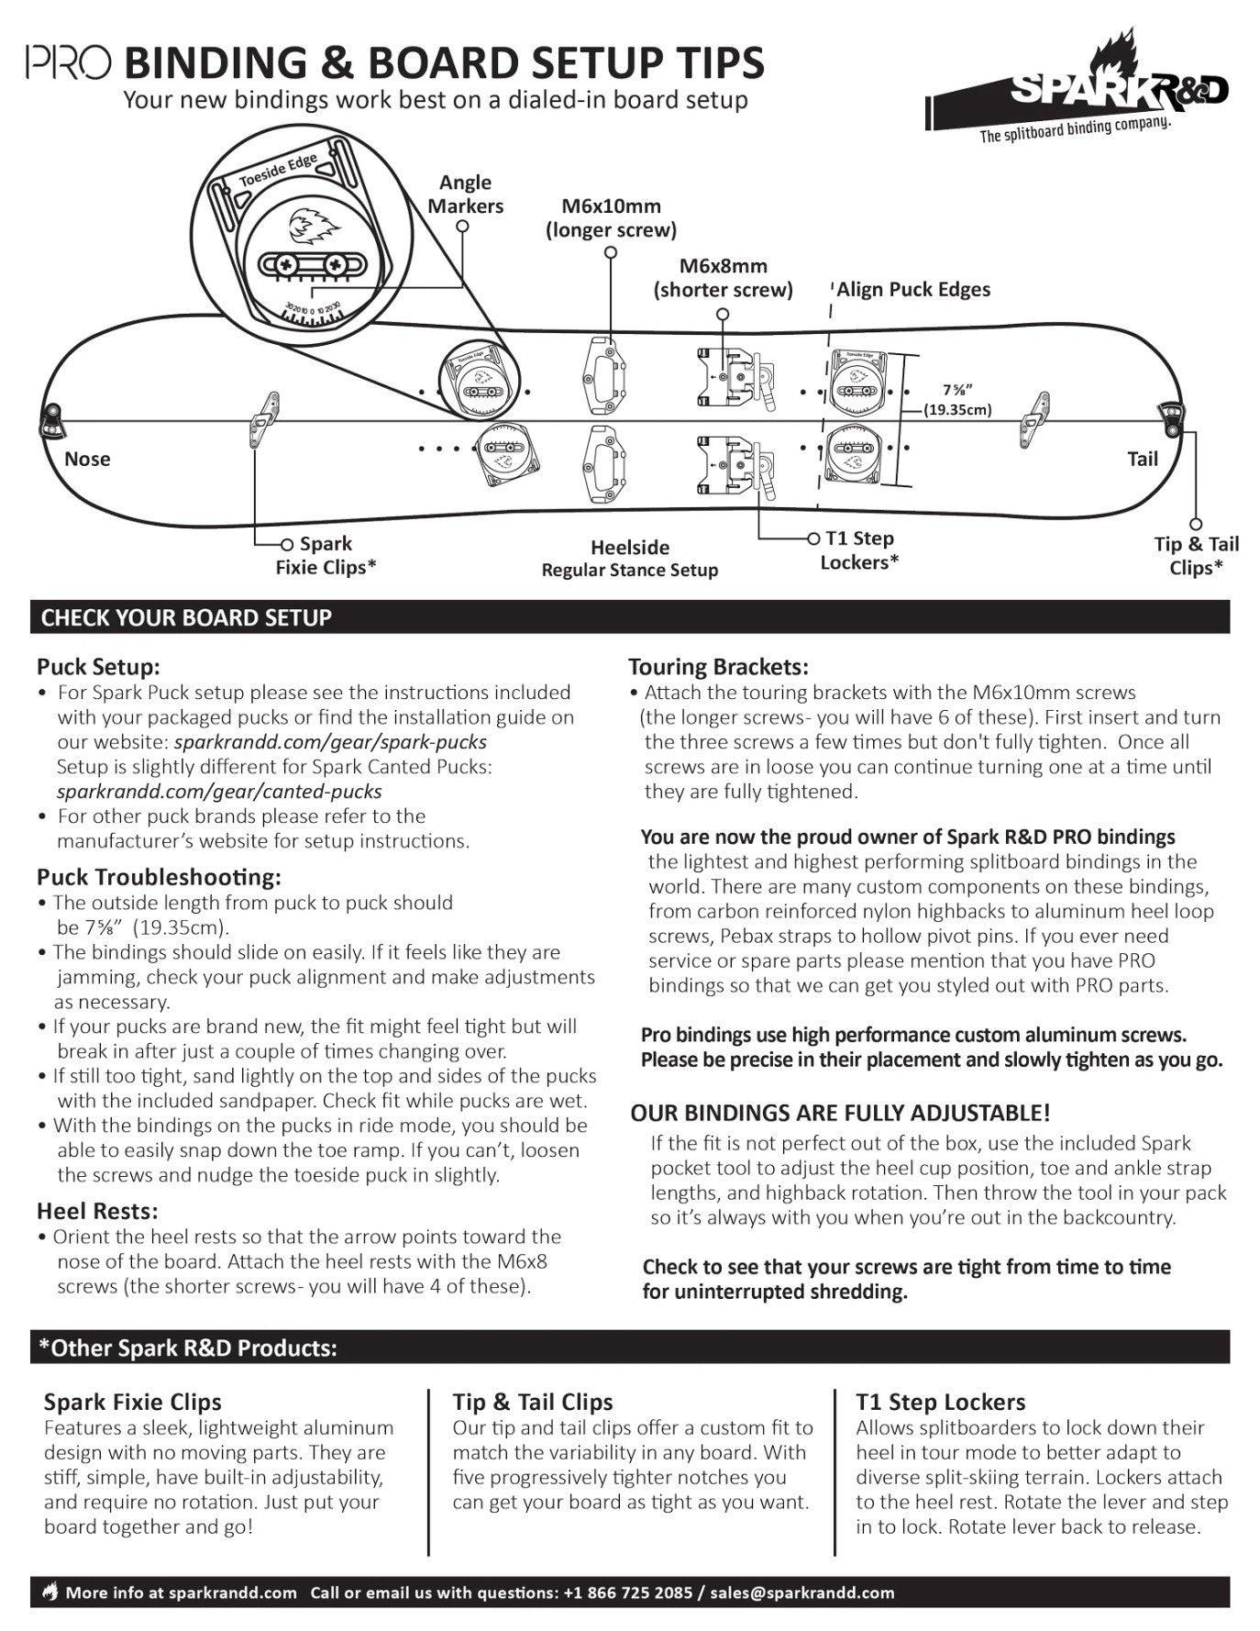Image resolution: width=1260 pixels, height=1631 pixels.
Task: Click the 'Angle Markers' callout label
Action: click(x=466, y=194)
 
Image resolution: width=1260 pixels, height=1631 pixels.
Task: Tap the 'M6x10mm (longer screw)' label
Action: click(x=611, y=218)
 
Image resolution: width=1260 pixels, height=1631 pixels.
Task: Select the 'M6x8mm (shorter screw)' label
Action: click(x=723, y=278)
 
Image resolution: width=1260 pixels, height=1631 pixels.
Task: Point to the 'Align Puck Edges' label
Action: click(x=913, y=290)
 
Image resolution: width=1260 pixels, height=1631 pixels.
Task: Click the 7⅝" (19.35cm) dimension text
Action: click(x=956, y=400)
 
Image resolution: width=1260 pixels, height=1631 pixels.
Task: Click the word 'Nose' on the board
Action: click(x=87, y=459)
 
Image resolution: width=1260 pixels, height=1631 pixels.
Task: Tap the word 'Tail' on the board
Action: click(x=1142, y=459)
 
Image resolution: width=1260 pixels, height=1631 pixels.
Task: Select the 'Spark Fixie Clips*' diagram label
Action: click(x=326, y=556)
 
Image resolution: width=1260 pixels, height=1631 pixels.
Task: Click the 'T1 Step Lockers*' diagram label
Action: click(x=859, y=550)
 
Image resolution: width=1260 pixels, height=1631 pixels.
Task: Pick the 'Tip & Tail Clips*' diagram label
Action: click(x=1196, y=556)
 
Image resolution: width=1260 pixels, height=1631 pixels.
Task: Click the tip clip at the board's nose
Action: click(x=51, y=422)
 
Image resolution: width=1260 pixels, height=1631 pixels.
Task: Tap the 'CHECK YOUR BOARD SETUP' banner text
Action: click(x=186, y=618)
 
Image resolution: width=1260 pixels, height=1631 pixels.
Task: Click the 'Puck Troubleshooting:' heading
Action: click(x=159, y=877)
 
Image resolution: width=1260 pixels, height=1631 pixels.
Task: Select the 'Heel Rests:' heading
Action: click(x=97, y=1211)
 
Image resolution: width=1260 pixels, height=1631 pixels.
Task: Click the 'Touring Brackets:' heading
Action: click(x=718, y=667)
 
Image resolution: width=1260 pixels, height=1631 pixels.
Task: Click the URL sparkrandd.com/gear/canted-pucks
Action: click(x=219, y=791)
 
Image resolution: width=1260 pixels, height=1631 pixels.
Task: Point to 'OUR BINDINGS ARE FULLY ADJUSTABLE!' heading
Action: click(x=840, y=1114)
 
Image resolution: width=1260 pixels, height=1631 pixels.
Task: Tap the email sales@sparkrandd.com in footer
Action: click(x=801, y=1592)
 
